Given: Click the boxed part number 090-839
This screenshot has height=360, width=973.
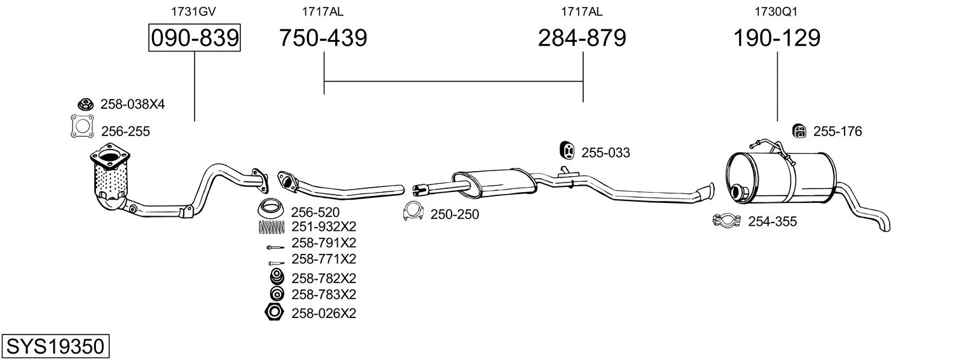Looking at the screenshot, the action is point(195,38).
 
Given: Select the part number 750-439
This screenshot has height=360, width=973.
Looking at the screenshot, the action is point(323,38).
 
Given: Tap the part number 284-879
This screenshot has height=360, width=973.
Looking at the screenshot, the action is point(582,38).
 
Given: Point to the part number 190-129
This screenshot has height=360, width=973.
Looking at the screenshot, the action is point(777,38).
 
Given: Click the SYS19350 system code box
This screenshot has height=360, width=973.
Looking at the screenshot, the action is point(55,346).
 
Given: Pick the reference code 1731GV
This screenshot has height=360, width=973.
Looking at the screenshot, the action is point(193,11).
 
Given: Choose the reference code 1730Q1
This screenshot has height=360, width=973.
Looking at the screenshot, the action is point(776,11).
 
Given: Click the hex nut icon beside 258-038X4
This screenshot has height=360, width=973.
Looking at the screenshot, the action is point(86,104).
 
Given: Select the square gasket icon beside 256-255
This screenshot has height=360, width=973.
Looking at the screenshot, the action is point(82,126).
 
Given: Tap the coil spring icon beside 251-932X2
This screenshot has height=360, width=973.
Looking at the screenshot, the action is point(272,226).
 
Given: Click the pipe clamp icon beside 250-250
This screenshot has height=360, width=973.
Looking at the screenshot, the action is point(413,212).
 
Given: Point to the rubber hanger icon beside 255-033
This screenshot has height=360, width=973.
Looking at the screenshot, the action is point(567,150).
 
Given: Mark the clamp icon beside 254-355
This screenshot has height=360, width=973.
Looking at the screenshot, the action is point(727,221).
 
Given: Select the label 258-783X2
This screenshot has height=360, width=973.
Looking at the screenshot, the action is point(324,294).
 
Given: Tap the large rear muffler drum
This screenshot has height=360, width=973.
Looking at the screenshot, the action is point(780,177).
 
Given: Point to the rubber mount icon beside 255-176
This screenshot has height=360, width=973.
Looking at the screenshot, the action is point(799,131).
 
